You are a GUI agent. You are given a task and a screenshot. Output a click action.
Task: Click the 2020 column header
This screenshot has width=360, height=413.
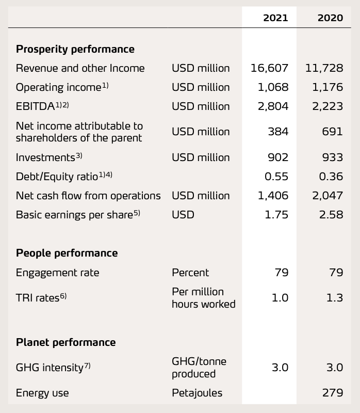330,18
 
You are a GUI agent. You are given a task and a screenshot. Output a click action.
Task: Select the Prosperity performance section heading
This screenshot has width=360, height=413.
75,49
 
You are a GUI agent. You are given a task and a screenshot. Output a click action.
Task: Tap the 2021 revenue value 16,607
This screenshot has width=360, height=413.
269,68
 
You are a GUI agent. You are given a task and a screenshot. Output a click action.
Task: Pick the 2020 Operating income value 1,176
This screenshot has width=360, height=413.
328,87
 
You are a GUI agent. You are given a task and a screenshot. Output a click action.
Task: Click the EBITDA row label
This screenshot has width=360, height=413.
42,106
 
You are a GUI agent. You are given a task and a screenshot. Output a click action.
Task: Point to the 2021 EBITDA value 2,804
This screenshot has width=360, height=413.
273,106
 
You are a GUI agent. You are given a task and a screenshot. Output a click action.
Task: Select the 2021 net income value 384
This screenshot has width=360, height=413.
278,132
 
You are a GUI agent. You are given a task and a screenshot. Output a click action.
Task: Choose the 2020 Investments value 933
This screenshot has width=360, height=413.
333,157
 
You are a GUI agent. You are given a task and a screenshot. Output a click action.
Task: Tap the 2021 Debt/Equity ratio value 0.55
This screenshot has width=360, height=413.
276,177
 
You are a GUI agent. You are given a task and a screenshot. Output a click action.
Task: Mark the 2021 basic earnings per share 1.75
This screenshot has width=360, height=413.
276,215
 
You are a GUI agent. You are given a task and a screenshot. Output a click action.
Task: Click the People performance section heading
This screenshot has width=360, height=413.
67,253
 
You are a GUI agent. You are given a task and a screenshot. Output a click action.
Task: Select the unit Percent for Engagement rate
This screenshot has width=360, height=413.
190,273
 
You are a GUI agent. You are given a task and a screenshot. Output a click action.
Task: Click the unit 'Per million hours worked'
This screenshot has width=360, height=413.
203,298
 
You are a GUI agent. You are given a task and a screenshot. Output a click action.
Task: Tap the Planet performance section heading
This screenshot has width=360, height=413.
66,342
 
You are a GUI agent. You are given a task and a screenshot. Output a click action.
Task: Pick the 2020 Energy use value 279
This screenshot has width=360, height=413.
333,393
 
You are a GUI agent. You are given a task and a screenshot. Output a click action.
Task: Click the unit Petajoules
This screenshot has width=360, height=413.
197,393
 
